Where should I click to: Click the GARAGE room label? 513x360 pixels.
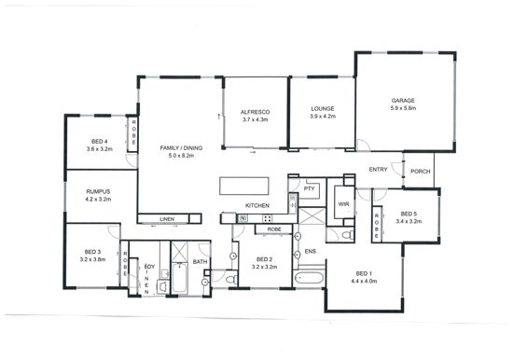pos(403,101)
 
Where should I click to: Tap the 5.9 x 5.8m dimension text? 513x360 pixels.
pos(403,108)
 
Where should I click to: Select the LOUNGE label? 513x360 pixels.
pos(323,109)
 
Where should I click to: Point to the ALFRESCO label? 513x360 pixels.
pos(256,112)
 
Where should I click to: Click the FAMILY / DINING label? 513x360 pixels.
pos(181,148)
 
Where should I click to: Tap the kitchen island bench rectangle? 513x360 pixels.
pos(244,186)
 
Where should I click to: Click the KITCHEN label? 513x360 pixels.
pos(257,205)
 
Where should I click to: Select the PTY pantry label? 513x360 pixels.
pos(309,188)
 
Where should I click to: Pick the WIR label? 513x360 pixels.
pos(343,204)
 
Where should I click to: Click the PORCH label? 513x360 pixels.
pos(421,172)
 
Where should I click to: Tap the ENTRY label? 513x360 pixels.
pos(378,170)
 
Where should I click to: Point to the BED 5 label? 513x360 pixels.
pos(409,214)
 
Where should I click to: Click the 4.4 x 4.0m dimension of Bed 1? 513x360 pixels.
pos(364,281)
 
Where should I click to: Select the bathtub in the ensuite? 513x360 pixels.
pos(309,279)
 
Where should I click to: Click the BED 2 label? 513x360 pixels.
pos(264,259)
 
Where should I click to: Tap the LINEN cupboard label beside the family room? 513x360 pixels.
pos(167,219)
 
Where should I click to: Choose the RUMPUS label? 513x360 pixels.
pos(98,191)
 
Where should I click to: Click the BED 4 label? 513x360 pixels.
pos(100,142)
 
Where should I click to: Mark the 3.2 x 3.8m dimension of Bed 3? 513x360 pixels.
pos(92,259)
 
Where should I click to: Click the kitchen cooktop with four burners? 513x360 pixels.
pos(268,218)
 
